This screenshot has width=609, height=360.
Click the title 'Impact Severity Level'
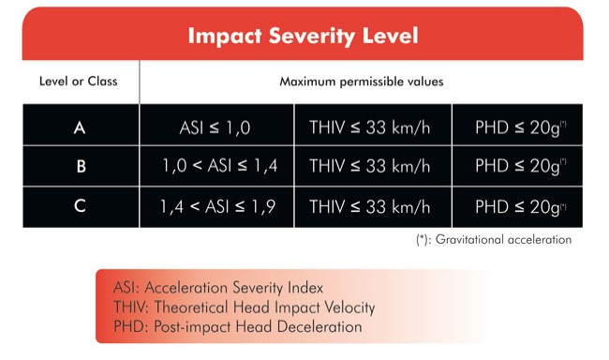pyautogui.click(x=303, y=37)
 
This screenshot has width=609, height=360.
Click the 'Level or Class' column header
pyautogui.click(x=79, y=82)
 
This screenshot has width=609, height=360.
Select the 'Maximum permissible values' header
pyautogui.click(x=362, y=82)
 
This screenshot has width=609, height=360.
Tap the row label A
pyautogui.click(x=80, y=127)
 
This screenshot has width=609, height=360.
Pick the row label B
pyautogui.click(x=81, y=166)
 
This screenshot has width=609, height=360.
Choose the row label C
pyautogui.click(x=80, y=206)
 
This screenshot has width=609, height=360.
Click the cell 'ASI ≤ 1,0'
pyautogui.click(x=215, y=127)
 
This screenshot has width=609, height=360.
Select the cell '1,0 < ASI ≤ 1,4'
pyautogui.click(x=220, y=166)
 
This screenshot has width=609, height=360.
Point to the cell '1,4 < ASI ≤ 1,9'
pyautogui.click(x=218, y=206)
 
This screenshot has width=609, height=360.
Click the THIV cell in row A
pyautogui.click(x=370, y=127)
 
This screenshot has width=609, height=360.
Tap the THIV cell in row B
pyautogui.click(x=370, y=166)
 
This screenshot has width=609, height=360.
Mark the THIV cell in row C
pyautogui.click(x=370, y=206)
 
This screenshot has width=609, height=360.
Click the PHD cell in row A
pyautogui.click(x=521, y=127)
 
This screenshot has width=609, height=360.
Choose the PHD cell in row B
pyautogui.click(x=521, y=166)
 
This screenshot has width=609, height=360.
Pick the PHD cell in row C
pyautogui.click(x=521, y=207)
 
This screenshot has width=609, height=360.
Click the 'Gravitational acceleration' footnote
pyautogui.click(x=494, y=239)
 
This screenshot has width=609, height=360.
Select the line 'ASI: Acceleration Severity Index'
pyautogui.click(x=218, y=288)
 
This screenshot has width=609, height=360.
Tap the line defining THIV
pyautogui.click(x=245, y=307)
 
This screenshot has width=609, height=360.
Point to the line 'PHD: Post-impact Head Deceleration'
pyautogui.click(x=238, y=326)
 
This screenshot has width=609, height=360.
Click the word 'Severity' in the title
pyautogui.click(x=312, y=37)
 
